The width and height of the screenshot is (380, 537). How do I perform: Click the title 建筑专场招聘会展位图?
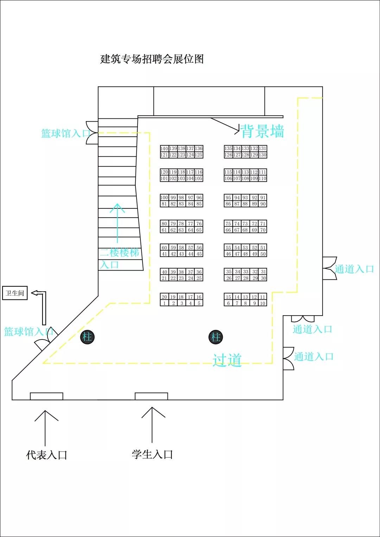(152, 59)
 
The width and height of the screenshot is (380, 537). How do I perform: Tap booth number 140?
(164, 149)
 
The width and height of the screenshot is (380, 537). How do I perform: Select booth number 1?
(164, 303)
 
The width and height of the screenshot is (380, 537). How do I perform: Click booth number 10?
(262, 303)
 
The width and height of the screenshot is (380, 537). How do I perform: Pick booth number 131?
(262, 149)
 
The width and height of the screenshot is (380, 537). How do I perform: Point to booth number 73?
(245, 224)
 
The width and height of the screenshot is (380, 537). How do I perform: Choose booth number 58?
(181, 248)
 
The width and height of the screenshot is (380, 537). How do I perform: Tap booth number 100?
(164, 198)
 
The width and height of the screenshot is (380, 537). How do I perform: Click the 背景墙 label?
(262, 131)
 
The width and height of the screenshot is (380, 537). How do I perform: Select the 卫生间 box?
(15, 293)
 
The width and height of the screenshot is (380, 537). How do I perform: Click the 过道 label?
(227, 360)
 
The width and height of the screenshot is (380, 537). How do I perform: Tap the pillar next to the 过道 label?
(216, 337)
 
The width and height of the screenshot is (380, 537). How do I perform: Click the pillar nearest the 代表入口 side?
(87, 337)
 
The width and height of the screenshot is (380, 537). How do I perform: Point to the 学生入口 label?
(152, 454)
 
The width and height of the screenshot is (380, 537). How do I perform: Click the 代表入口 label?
(46, 455)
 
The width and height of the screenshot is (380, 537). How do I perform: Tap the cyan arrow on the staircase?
(118, 223)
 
